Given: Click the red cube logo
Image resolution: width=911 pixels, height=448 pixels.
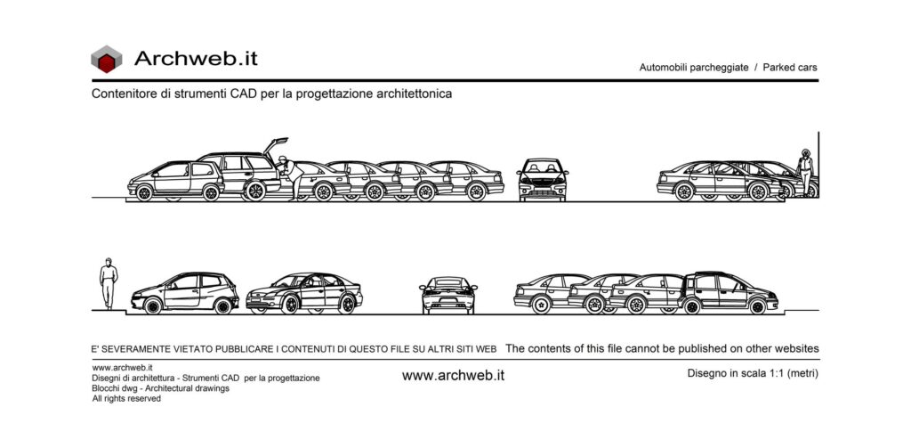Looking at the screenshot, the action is pyautogui.click(x=107, y=59).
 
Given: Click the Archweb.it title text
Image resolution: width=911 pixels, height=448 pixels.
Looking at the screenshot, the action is pyautogui.click(x=196, y=58).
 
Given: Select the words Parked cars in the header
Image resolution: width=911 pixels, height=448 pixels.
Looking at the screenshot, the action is pyautogui.click(x=790, y=68).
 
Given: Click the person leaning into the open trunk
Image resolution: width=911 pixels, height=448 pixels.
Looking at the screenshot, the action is pyautogui.click(x=290, y=177).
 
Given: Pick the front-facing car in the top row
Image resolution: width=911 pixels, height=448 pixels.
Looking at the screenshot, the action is pyautogui.click(x=542, y=179).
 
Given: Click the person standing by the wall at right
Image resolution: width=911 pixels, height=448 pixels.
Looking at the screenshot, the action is pyautogui.click(x=804, y=172).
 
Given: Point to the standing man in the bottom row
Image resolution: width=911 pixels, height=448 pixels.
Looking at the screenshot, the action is pyautogui.click(x=108, y=283).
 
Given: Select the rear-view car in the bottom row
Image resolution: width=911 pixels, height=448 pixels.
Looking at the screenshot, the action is pyautogui.click(x=448, y=295).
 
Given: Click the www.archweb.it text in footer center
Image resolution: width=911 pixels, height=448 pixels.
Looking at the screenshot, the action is pyautogui.click(x=453, y=376).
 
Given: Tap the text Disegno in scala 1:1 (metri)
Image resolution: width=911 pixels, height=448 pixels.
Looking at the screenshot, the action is pyautogui.click(x=753, y=373).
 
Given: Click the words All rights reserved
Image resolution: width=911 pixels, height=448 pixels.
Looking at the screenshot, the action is pyautogui.click(x=126, y=399).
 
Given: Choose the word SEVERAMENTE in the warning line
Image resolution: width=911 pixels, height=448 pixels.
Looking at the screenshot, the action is pyautogui.click(x=135, y=349).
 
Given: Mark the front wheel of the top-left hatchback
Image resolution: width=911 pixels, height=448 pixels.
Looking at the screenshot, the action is pyautogui.click(x=144, y=192).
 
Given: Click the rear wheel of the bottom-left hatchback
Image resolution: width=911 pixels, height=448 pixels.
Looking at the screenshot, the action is pyautogui.click(x=223, y=305).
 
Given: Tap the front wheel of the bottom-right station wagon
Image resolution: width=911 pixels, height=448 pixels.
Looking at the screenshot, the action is pyautogui.click(x=758, y=305).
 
